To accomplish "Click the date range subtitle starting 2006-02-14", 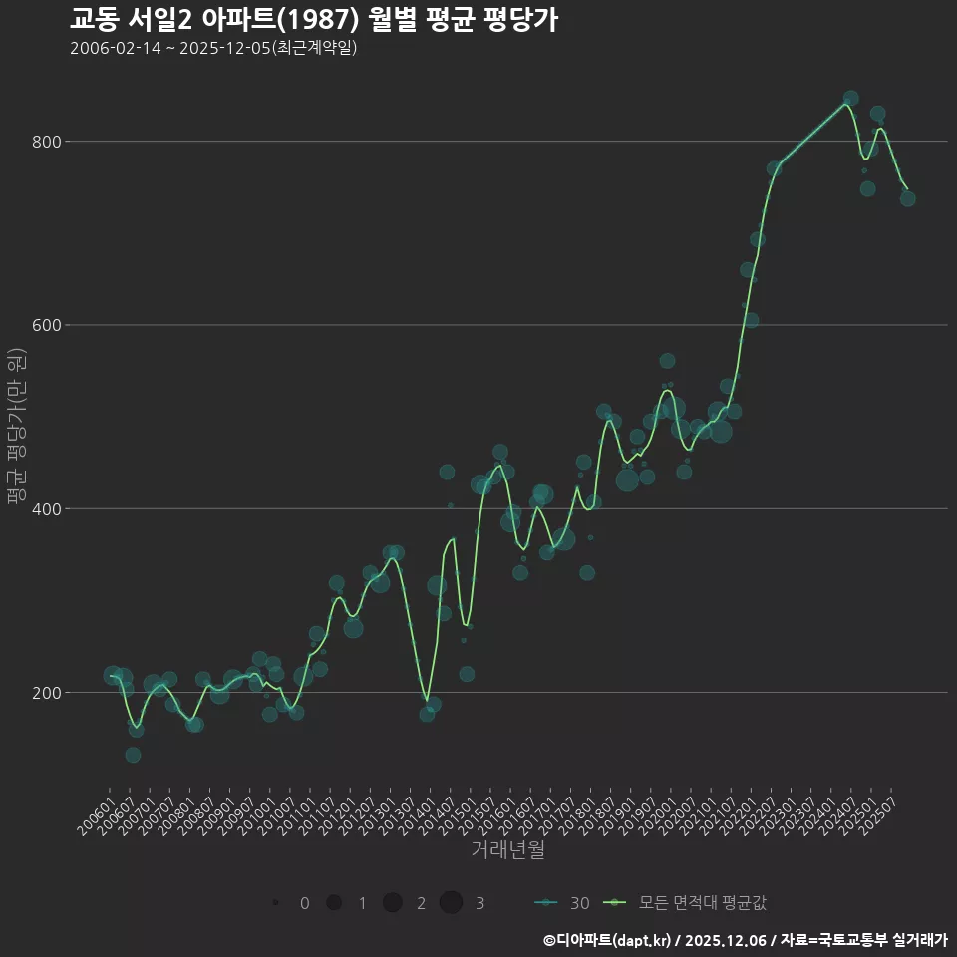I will (x=213, y=49).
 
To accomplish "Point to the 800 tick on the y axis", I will (x=48, y=142).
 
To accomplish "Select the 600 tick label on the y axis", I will (x=48, y=325).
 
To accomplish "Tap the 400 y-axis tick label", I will (x=48, y=508).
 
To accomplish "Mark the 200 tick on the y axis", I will (x=48, y=692).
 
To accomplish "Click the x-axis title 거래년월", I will (x=507, y=850).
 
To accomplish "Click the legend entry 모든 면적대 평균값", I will (x=702, y=903).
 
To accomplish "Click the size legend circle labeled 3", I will (x=451, y=903).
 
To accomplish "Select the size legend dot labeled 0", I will (x=274, y=903).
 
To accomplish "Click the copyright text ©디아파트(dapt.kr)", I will (x=610, y=940).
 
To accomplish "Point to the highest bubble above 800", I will (x=850, y=99).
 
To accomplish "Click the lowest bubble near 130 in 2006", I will (x=133, y=755).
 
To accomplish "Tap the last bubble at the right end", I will (x=907, y=198).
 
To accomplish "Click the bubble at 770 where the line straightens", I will (x=774, y=168).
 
